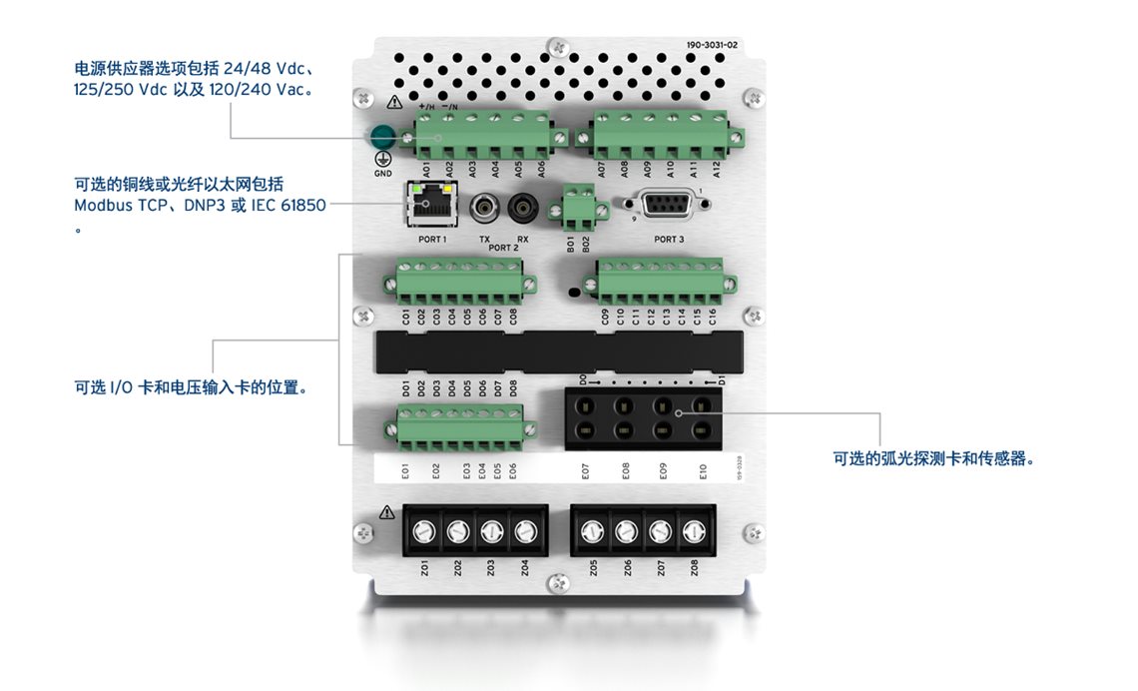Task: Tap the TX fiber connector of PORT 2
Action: (x=485, y=208)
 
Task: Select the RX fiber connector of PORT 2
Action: (x=521, y=208)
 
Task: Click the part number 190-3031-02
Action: (x=712, y=45)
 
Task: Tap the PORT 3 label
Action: (x=669, y=240)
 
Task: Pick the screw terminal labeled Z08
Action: (x=693, y=531)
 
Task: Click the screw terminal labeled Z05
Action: (x=592, y=531)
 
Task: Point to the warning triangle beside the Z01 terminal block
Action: (x=386, y=512)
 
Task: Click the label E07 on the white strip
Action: (x=586, y=469)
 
